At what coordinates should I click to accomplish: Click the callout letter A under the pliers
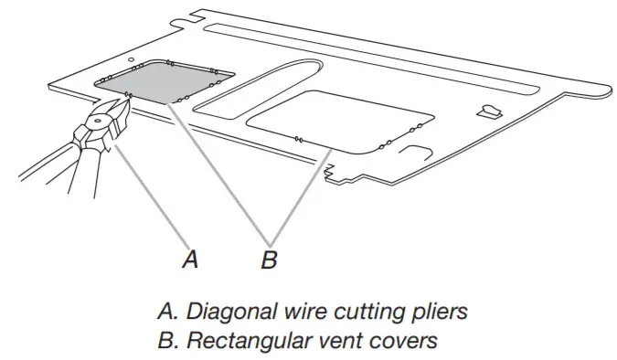click(x=189, y=259)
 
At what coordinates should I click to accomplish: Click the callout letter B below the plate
click(x=269, y=259)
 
